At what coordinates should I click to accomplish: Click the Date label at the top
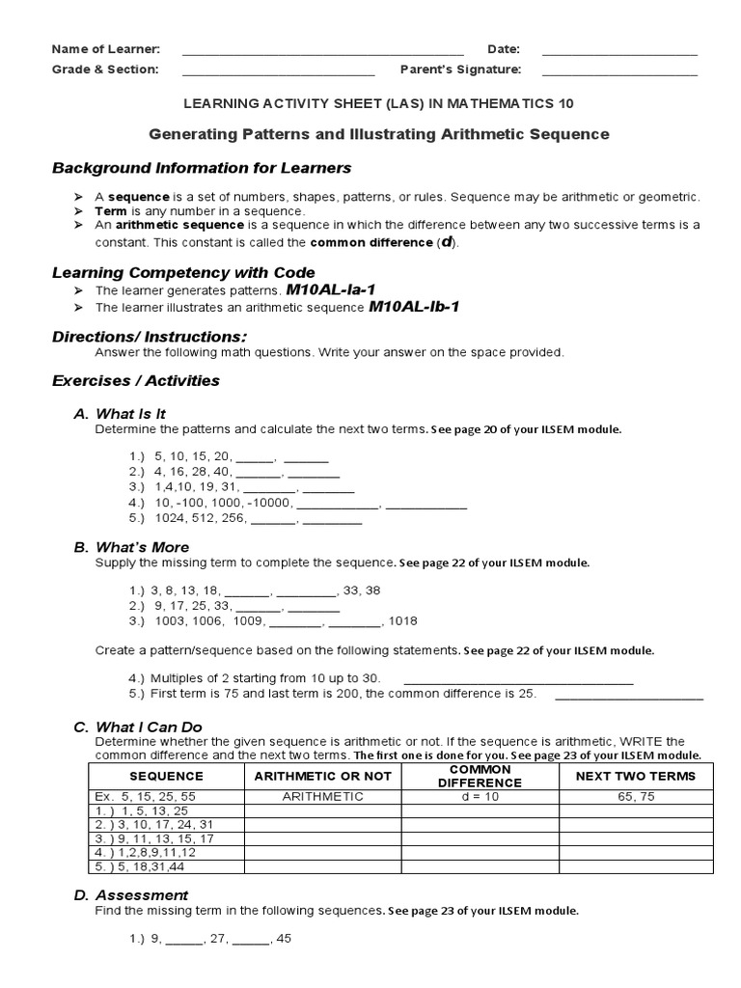pos(504,49)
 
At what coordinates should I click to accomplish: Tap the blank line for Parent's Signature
pos(619,72)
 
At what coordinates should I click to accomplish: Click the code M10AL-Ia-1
pos(327,289)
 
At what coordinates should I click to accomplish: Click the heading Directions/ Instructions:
pos(149,336)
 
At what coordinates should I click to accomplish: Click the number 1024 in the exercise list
pos(170,518)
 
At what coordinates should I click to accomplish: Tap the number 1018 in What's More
pos(403,621)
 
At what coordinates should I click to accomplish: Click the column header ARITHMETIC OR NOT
pos(322,776)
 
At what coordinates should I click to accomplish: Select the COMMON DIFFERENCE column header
pos(480,776)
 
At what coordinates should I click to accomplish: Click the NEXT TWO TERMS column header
pos(635,776)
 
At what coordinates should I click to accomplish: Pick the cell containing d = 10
pos(480,797)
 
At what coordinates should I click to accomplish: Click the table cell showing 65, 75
pos(635,797)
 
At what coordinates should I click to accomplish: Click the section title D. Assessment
pos(130,895)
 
